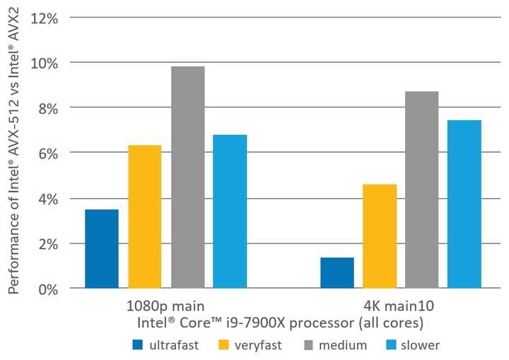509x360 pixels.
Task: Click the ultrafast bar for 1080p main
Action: [102, 249]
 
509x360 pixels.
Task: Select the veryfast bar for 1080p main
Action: [145, 216]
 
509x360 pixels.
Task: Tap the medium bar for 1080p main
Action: [187, 178]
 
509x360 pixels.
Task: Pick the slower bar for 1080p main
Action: [230, 211]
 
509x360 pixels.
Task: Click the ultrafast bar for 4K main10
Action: [337, 273]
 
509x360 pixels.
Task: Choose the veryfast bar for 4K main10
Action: [380, 236]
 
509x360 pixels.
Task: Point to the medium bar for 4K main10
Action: [422, 190]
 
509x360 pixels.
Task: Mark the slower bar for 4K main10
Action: [464, 204]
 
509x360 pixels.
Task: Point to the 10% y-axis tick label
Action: [47, 63]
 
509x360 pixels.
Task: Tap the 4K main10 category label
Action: [401, 307]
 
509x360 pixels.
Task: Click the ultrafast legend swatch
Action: [138, 345]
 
